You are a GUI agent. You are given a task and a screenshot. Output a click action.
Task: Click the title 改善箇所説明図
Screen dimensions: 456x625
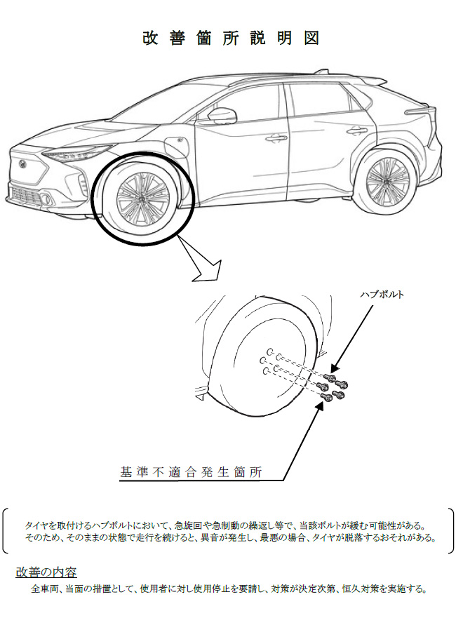point(231,39)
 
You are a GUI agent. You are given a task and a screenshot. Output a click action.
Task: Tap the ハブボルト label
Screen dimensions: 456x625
point(382,295)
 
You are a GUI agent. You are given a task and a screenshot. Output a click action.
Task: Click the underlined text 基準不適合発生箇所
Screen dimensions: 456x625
point(191,472)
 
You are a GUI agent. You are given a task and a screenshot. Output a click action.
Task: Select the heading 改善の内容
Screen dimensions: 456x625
point(46,572)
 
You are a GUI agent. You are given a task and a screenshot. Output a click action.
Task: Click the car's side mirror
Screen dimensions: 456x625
point(222,116)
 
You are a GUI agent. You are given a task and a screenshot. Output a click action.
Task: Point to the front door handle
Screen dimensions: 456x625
point(276,138)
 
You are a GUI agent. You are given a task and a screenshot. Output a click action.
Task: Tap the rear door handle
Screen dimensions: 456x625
point(357,130)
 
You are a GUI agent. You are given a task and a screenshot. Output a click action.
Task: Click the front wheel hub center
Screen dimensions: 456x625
point(142,198)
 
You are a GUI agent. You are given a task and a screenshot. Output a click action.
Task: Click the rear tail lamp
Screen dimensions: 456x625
point(419,111)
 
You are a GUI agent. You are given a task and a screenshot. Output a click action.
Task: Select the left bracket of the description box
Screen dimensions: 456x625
point(5,530)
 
